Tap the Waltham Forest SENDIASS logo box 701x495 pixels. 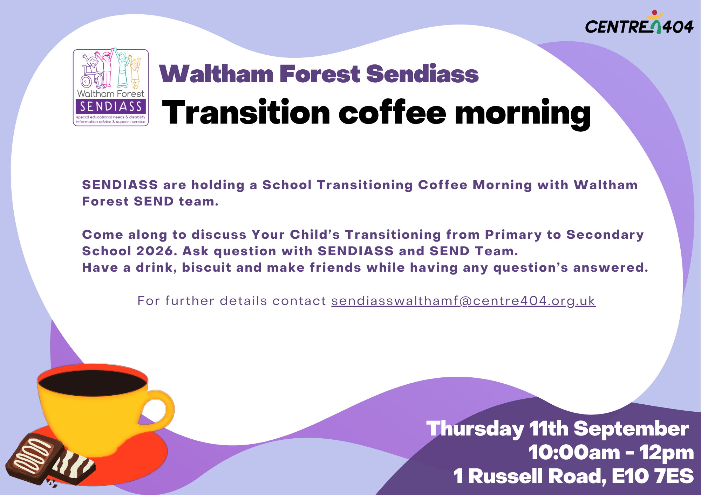click(x=111, y=88)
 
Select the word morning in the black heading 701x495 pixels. click(x=523, y=114)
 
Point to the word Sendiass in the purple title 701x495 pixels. click(x=422, y=74)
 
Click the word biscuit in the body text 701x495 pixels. click(x=206, y=267)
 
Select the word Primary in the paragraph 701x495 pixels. click(x=513, y=235)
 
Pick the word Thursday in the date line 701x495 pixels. click(x=475, y=429)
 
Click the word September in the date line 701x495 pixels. click(x=631, y=429)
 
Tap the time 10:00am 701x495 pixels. click(x=574, y=452)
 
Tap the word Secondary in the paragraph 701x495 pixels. click(x=605, y=235)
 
